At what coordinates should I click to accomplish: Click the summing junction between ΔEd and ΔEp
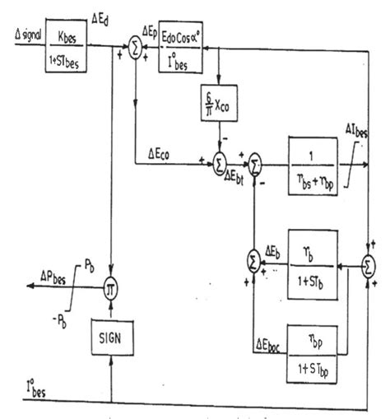[x=136, y=52]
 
